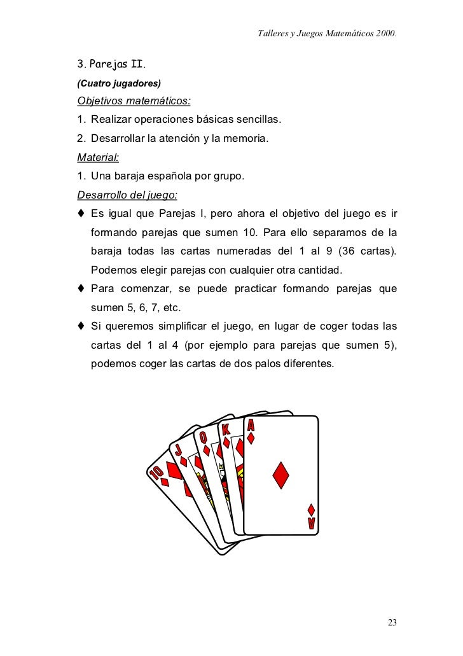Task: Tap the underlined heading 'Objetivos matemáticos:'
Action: pos(134,101)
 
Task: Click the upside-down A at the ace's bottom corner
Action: pos(311,523)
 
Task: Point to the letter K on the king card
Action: pos(226,430)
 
